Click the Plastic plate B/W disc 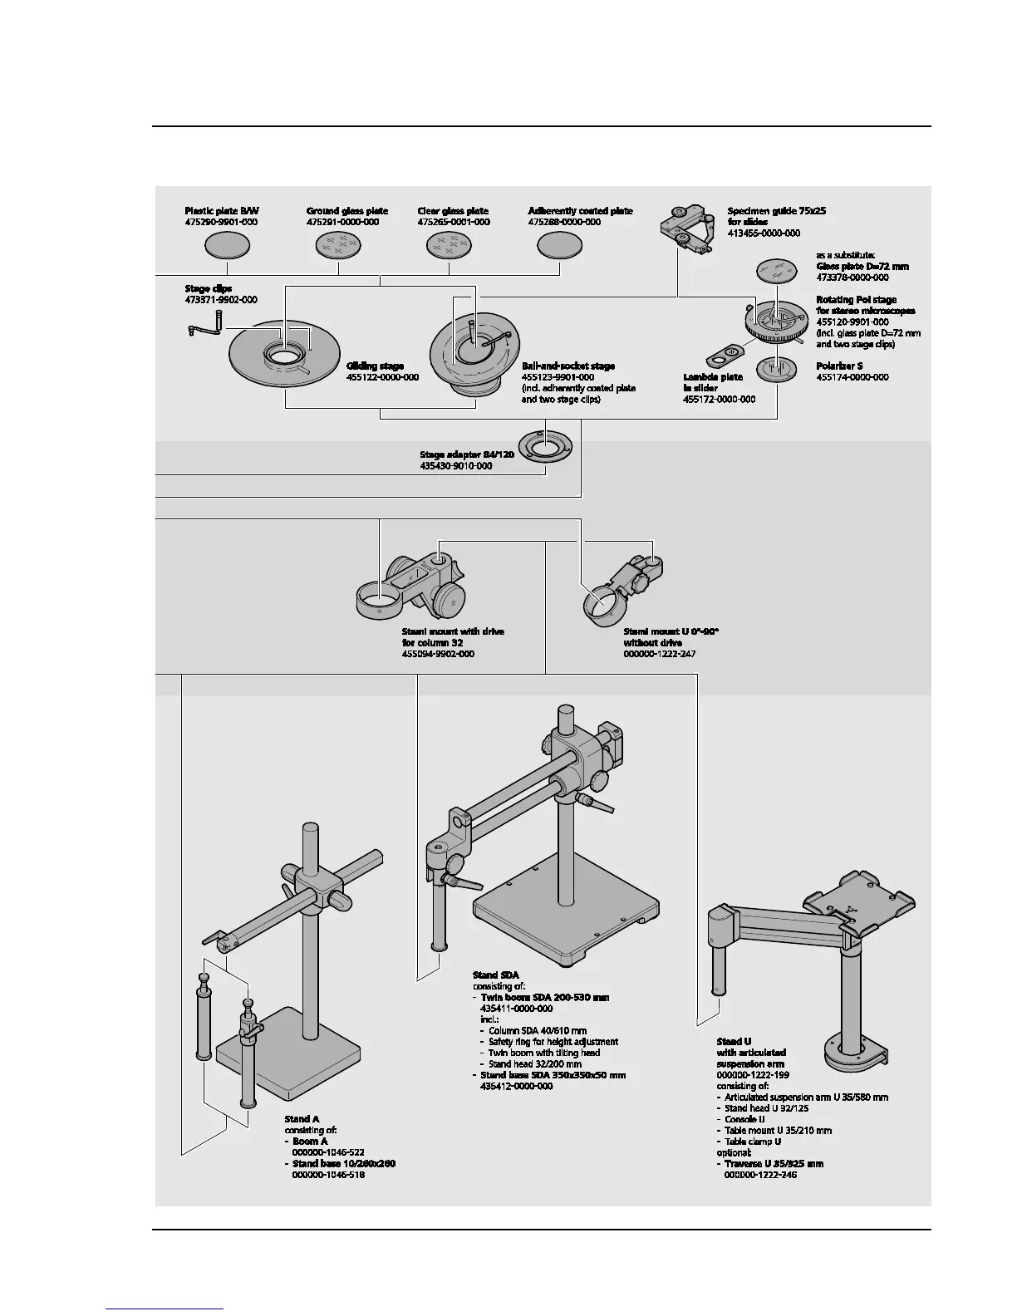tap(228, 245)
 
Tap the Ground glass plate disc tap(339, 245)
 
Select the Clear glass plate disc tap(450, 245)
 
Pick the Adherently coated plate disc tap(559, 245)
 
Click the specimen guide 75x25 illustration tap(688, 228)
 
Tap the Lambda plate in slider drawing tap(724, 355)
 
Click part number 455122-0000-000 tap(382, 377)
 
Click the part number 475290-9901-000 tap(221, 223)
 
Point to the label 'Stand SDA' tap(496, 975)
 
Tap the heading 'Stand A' tap(302, 1119)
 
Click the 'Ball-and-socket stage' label tap(568, 366)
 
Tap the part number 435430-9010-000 tap(456, 466)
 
